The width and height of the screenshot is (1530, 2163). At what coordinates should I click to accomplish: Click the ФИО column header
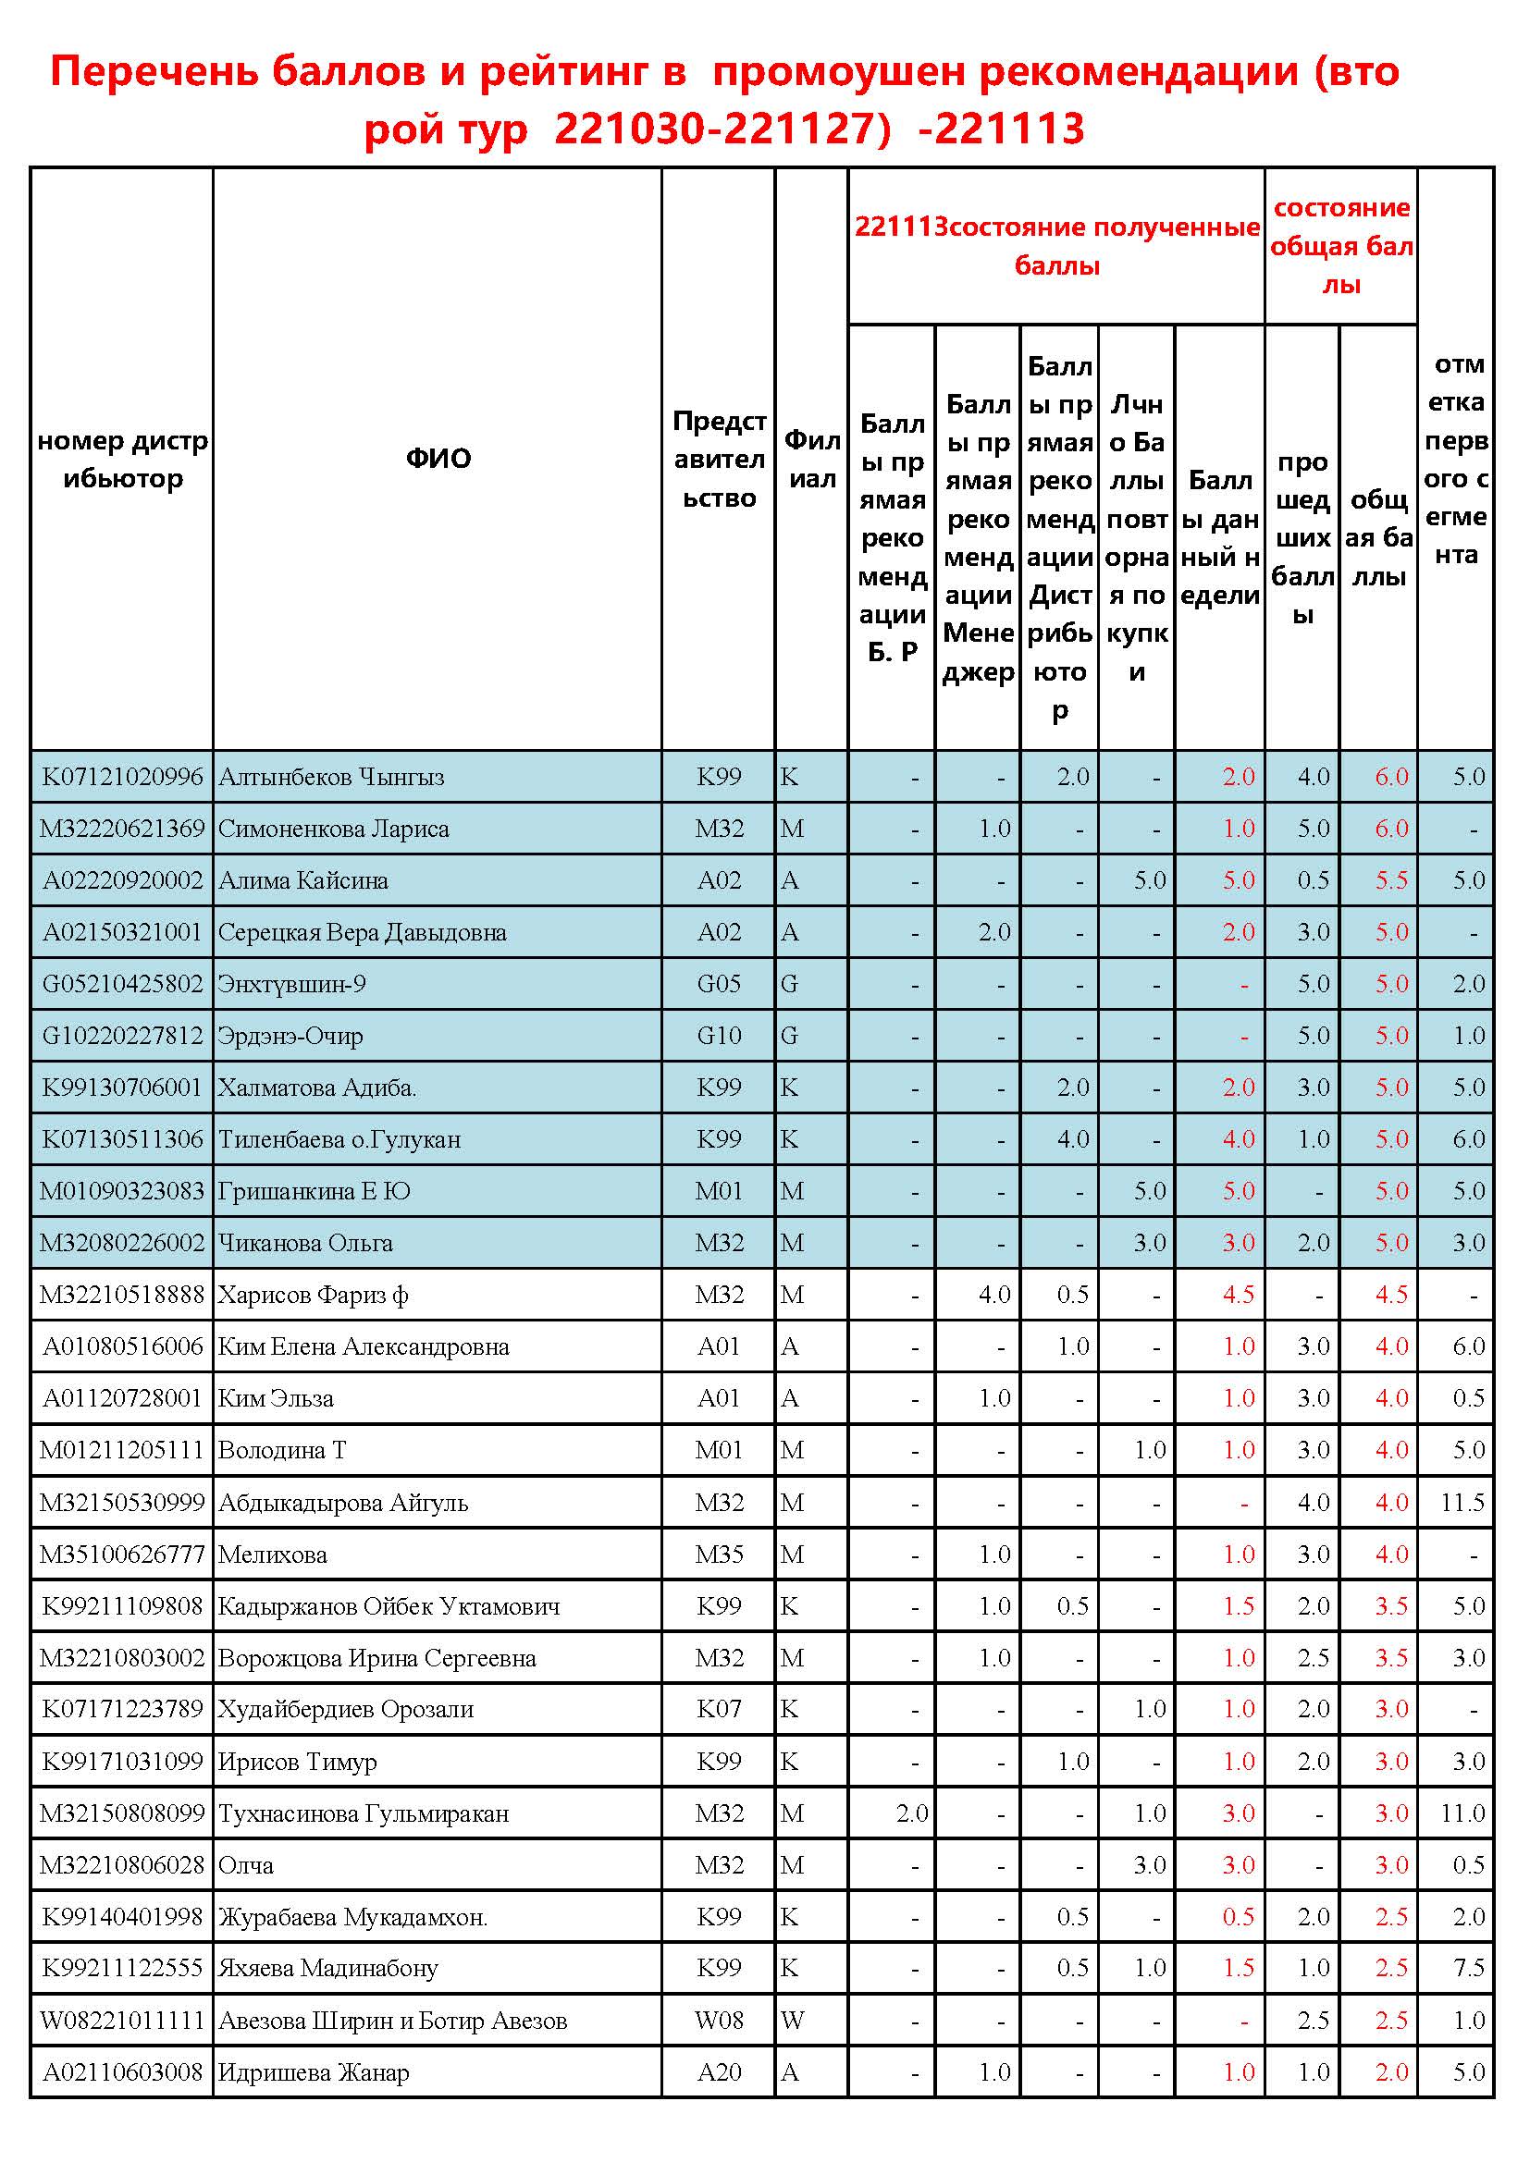pos(438,459)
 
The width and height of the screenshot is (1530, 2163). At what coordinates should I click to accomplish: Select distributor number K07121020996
pos(122,776)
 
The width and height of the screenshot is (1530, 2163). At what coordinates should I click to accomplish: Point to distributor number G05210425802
pos(122,985)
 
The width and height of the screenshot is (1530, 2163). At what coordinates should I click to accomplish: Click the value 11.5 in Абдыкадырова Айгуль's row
pos(1462,1503)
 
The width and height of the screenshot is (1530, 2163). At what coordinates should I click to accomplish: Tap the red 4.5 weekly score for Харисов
pos(1237,1296)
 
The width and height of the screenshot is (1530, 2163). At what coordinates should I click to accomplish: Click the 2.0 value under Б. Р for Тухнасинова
pos(911,1813)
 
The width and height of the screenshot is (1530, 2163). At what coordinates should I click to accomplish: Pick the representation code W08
pos(719,2021)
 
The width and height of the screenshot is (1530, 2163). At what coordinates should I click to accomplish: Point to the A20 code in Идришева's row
pos(719,2072)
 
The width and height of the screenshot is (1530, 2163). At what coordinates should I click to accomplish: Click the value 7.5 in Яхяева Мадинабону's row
pos(1468,1968)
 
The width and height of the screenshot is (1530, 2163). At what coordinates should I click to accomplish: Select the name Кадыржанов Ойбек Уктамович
pos(389,1606)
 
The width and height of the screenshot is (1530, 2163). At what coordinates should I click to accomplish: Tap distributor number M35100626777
pos(122,1555)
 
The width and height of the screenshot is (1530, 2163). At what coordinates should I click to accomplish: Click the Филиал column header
pos(811,459)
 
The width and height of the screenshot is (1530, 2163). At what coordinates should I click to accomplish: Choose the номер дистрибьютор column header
pos(122,459)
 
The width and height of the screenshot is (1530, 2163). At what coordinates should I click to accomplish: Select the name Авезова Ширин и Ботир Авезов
pos(392,2021)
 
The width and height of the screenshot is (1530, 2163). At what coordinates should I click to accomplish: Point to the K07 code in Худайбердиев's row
pos(719,1709)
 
